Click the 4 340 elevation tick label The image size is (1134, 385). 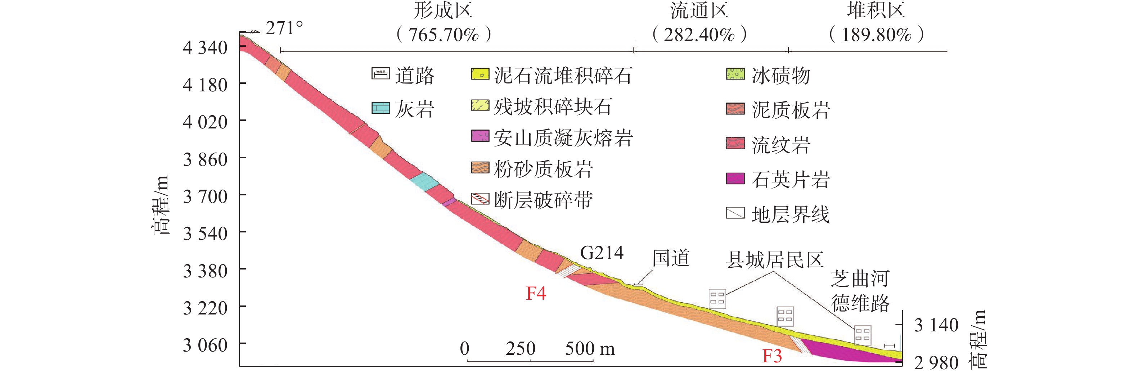coord(205,47)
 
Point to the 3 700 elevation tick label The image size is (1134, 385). coord(205,196)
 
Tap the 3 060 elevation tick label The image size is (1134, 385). coord(205,345)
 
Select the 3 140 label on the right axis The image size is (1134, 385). coord(936,325)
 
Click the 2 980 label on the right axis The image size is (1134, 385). coord(936,363)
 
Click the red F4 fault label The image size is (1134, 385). coord(536,293)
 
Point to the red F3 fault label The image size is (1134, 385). coord(772,356)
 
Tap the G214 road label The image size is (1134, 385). coord(601,253)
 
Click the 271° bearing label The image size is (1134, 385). coord(284,28)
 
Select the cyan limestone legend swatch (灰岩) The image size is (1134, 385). coord(381,108)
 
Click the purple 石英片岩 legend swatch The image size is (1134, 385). coord(735,178)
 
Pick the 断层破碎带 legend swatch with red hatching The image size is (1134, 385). coord(480,199)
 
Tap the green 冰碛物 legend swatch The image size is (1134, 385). coord(735,74)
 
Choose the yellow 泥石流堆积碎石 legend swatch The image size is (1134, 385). coord(480,74)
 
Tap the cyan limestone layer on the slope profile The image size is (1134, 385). coord(424,182)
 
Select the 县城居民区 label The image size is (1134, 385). coord(774,259)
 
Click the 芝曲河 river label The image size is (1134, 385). coord(860,278)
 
